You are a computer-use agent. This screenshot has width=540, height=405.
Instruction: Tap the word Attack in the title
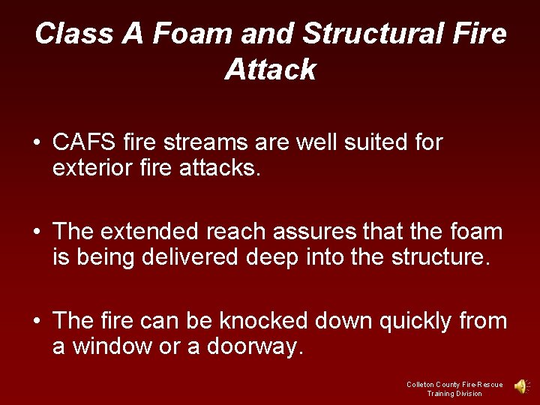pyautogui.click(x=270, y=70)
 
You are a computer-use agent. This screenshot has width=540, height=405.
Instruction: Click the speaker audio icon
pyautogui.click(x=520, y=386)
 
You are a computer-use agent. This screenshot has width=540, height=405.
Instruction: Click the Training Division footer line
pyautogui.click(x=454, y=394)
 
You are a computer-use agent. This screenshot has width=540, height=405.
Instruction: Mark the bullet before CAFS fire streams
pyautogui.click(x=36, y=143)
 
